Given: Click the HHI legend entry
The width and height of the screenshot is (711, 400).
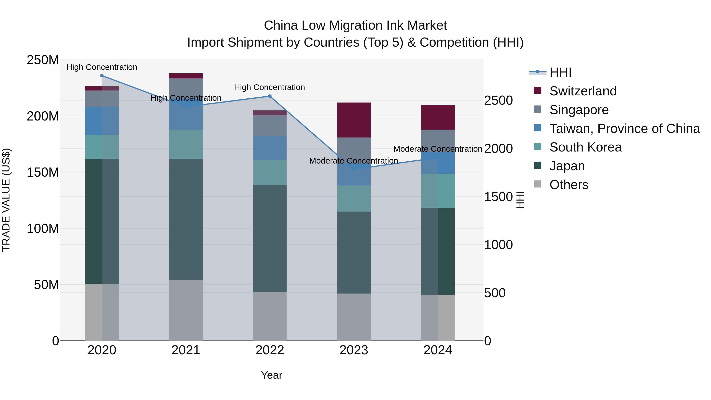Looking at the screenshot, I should click(x=560, y=72).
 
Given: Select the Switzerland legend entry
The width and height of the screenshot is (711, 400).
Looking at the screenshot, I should click(x=583, y=91).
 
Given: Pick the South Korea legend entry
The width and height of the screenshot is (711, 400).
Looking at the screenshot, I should click(x=585, y=147).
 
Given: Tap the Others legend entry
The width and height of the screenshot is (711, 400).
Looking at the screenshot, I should click(x=569, y=185).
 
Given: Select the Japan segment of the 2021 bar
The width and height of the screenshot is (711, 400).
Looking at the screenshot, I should click(x=186, y=219).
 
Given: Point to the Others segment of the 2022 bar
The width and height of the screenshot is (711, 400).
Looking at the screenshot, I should click(x=270, y=316).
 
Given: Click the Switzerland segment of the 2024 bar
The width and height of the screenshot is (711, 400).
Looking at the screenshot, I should click(x=437, y=117).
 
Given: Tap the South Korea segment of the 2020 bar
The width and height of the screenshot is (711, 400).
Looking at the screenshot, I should click(x=102, y=147).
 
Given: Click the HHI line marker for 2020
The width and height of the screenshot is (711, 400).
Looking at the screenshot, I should click(x=102, y=76).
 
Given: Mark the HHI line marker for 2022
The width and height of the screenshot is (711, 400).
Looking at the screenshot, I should click(x=270, y=96).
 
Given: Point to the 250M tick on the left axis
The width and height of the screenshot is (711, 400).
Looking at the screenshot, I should click(x=43, y=60).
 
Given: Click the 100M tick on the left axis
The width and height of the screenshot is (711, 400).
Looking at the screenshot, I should click(x=43, y=229).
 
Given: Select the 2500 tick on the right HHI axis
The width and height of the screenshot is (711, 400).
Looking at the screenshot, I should click(x=498, y=101).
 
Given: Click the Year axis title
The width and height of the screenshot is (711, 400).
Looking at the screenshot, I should click(x=272, y=375).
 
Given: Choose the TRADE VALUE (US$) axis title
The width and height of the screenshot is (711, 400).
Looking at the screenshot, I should click(x=6, y=200).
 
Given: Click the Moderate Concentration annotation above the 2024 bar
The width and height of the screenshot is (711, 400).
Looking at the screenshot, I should click(x=437, y=149).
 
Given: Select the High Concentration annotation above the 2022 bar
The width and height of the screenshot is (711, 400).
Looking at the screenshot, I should click(x=269, y=88).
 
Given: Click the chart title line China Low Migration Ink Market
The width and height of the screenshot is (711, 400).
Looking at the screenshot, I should click(x=355, y=25).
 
